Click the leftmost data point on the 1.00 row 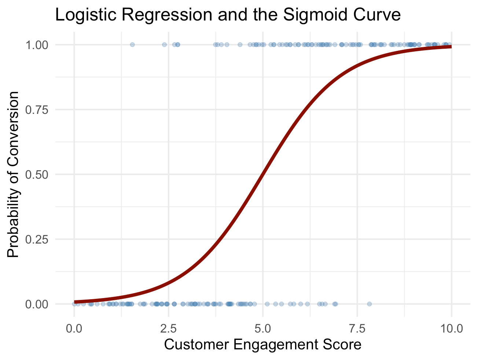click(x=132, y=45)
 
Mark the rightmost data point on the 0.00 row click(x=369, y=304)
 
